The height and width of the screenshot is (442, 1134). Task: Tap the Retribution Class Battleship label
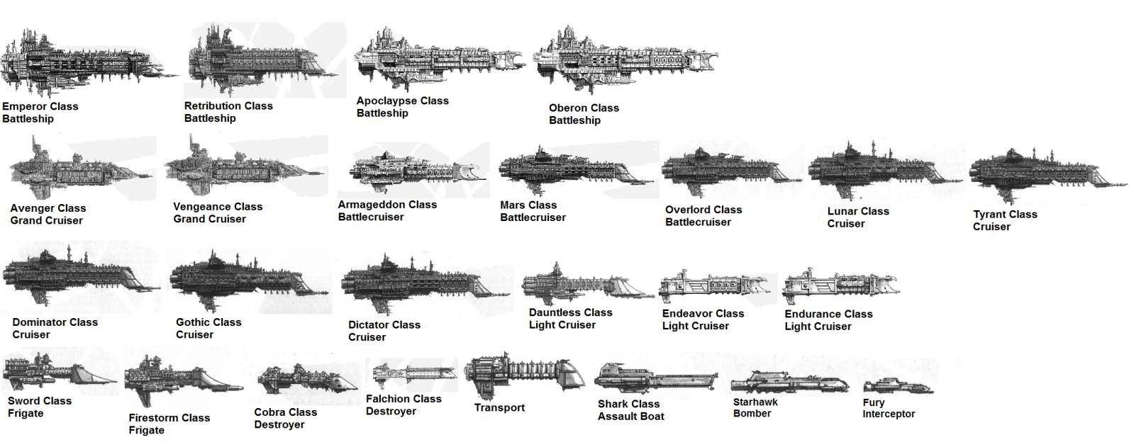coord(228,112)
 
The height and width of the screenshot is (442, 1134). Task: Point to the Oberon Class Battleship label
coord(583,114)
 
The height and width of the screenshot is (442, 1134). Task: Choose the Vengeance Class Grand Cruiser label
coord(217,212)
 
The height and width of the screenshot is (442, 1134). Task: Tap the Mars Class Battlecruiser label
coord(532,211)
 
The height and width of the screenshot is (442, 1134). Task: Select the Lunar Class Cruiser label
coord(857,217)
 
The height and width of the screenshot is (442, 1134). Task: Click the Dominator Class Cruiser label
coord(55,328)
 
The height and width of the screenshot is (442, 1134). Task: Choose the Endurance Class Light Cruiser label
coord(828,320)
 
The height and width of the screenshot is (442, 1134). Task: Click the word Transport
coord(499,408)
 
